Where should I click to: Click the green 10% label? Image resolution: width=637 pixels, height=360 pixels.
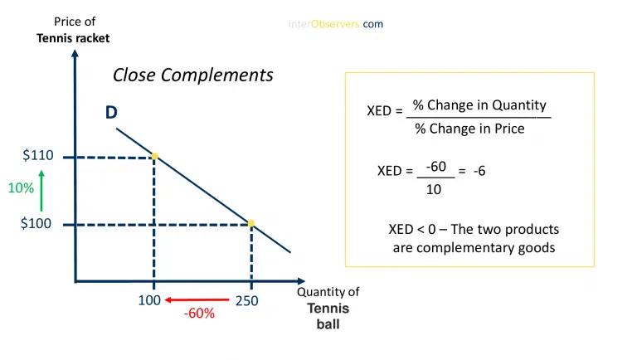pyautogui.click(x=21, y=188)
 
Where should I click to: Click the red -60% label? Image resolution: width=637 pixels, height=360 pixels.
pyautogui.click(x=200, y=314)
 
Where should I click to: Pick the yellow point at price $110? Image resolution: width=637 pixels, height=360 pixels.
pyautogui.click(x=154, y=156)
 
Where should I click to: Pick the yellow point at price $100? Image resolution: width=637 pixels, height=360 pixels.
pyautogui.click(x=251, y=223)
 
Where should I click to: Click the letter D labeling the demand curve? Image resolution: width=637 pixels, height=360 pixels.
pyautogui.click(x=111, y=113)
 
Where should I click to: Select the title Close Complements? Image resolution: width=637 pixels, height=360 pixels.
pyautogui.click(x=192, y=75)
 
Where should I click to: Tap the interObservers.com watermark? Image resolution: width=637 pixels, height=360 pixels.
pyautogui.click(x=336, y=24)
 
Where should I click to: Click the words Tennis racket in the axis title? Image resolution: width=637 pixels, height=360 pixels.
pyautogui.click(x=73, y=38)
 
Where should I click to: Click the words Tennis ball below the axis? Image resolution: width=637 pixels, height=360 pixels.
pyautogui.click(x=328, y=316)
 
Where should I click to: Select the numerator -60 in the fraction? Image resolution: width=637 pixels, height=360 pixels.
pyautogui.click(x=435, y=167)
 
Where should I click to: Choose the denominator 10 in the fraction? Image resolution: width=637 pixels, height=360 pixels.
pyautogui.click(x=434, y=189)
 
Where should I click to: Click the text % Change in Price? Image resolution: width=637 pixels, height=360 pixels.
pyautogui.click(x=469, y=129)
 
